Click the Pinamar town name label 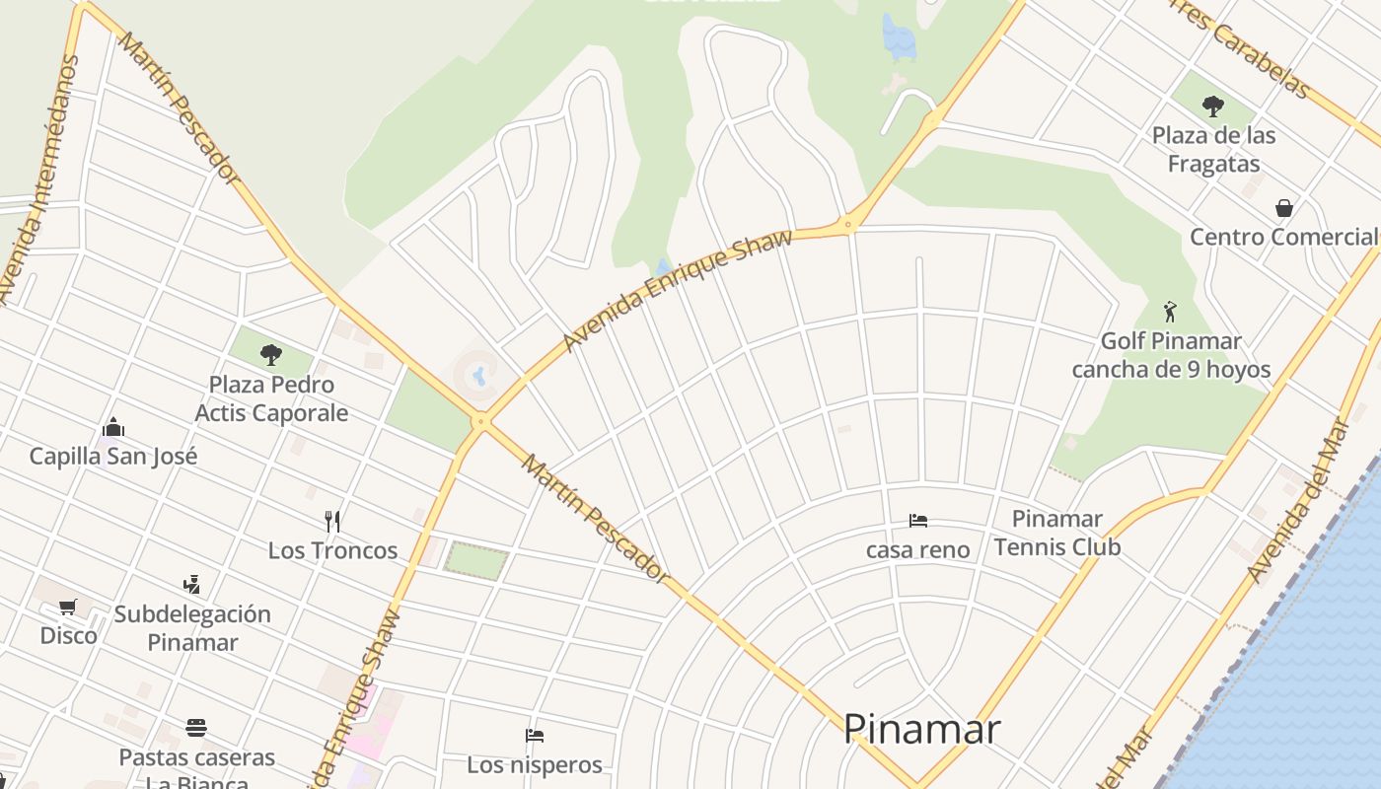(x=921, y=730)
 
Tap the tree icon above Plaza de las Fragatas (x=1213, y=106)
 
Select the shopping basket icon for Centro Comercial (x=1283, y=208)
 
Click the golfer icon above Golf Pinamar (x=1170, y=312)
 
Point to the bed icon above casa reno (x=918, y=521)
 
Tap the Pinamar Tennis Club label (x=1056, y=533)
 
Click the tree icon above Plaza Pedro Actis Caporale (x=271, y=355)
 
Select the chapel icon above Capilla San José (x=113, y=428)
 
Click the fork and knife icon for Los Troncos (x=332, y=521)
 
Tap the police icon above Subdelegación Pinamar (x=191, y=585)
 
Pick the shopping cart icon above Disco (x=68, y=607)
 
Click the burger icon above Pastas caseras (x=196, y=729)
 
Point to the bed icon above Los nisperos (x=535, y=736)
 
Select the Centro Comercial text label (x=1282, y=237)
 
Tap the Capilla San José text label (x=113, y=457)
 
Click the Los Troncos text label (x=332, y=550)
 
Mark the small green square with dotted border (x=476, y=559)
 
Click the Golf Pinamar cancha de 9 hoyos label (x=1171, y=356)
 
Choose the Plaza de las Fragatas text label (x=1213, y=149)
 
